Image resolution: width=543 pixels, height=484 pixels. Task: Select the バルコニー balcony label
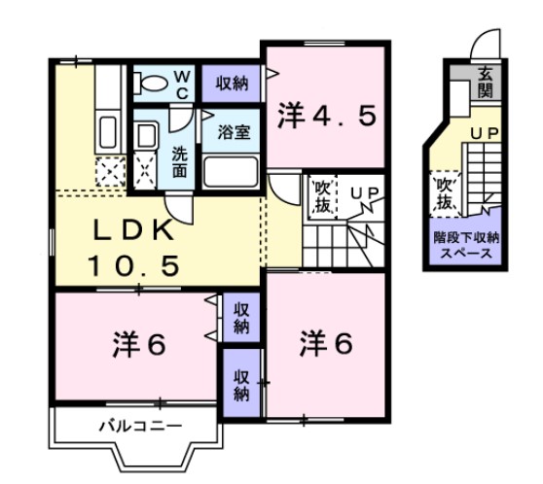[x=139, y=426]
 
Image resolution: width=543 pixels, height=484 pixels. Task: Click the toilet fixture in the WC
[x=152, y=84]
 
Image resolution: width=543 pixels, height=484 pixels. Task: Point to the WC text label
[x=181, y=84]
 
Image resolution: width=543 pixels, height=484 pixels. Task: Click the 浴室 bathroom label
[x=234, y=130]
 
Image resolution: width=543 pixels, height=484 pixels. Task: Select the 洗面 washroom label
[x=181, y=160]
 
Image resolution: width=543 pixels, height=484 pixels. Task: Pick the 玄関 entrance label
[x=484, y=84]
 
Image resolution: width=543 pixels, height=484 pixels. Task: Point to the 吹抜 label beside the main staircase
[x=321, y=196]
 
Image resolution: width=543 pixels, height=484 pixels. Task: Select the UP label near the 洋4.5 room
[x=364, y=193]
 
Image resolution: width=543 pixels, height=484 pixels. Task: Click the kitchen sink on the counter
[x=108, y=131]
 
